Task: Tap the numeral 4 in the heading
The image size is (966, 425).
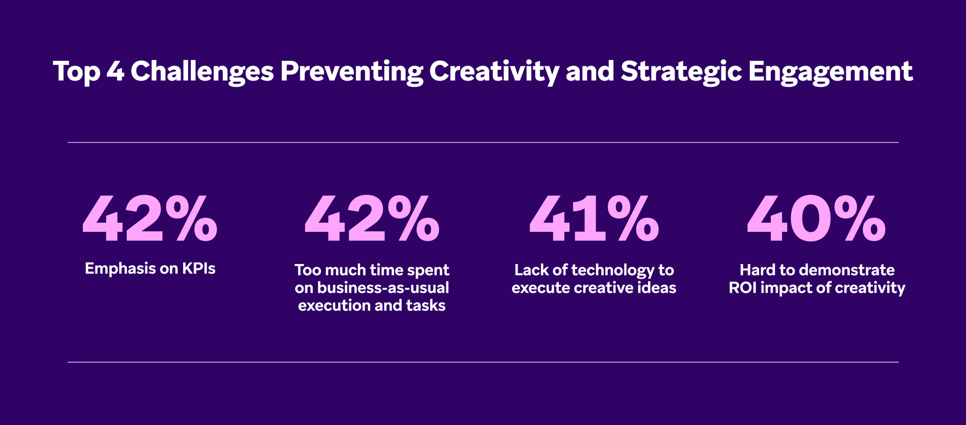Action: (115, 71)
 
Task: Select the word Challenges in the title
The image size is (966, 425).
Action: (202, 71)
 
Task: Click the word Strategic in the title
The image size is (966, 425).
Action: (681, 71)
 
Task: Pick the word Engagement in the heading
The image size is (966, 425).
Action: (830, 71)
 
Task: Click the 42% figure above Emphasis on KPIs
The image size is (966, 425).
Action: (150, 219)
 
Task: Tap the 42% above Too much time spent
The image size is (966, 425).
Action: (372, 219)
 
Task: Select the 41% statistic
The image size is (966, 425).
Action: (594, 219)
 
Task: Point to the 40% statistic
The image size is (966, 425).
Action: (816, 219)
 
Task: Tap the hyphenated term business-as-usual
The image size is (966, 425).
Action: (383, 288)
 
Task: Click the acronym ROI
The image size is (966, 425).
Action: (743, 288)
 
